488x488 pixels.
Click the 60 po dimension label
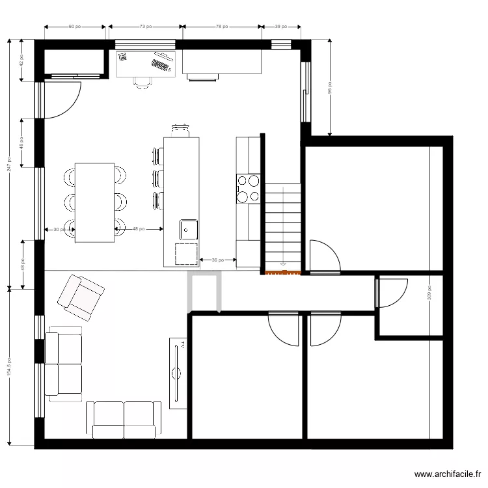tap(74, 27)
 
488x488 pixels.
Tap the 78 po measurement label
tap(222, 27)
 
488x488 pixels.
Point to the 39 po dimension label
tap(281, 27)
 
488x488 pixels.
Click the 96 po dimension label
tap(330, 87)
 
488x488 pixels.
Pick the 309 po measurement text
tap(429, 293)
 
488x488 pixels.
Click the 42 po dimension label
tap(21, 61)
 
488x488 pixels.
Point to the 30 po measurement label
tap(57, 229)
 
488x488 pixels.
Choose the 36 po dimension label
tap(217, 260)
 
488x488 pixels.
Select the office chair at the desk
tap(143, 82)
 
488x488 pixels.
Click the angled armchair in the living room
tap(81, 296)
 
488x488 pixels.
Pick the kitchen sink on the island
tap(189, 228)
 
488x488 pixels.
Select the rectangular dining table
tap(95, 202)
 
